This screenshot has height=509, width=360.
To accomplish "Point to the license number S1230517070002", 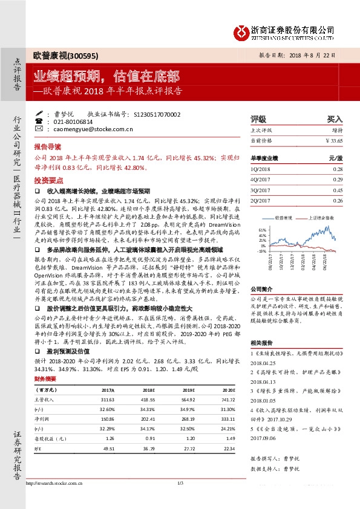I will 155,114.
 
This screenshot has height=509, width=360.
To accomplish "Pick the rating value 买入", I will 334,120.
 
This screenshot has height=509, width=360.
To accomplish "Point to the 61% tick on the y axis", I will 261,230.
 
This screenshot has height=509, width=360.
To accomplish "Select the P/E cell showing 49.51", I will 110,449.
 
